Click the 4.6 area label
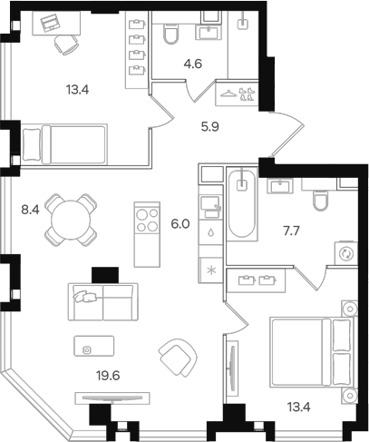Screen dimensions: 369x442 [x=193, y=64]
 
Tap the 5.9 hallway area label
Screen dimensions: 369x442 [x=210, y=127]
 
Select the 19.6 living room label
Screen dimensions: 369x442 [x=108, y=376]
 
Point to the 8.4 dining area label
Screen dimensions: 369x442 [x=30, y=210]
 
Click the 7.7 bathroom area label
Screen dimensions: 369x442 [x=291, y=231]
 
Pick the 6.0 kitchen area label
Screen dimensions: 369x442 [x=180, y=224]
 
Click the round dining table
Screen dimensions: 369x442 [x=72, y=220]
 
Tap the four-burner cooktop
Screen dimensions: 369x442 [x=147, y=220]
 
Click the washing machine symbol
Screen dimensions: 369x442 [x=345, y=253]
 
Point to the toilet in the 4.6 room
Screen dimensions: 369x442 [x=170, y=34]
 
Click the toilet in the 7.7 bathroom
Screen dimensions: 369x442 [x=321, y=200]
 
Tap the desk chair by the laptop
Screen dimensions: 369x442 [x=66, y=44]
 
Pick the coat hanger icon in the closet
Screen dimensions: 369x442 [x=228, y=93]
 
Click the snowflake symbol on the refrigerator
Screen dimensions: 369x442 [x=211, y=270]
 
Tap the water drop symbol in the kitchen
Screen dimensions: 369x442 [x=211, y=232]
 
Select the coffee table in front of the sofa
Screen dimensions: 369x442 [x=94, y=346]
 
